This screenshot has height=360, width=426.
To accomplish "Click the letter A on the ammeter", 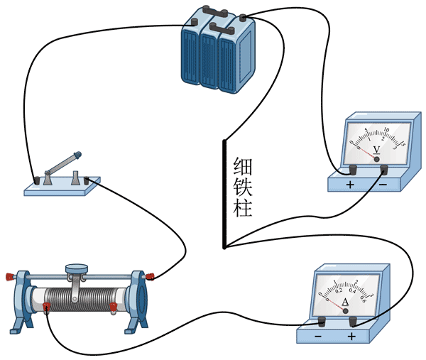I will pos(345,302).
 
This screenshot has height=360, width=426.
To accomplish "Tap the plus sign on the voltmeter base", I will pos(350,185).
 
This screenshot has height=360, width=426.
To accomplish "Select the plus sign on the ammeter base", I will pos(351,335).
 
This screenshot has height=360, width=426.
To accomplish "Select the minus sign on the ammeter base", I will pos(317,335).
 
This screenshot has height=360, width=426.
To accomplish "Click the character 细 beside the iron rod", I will pos(243,168).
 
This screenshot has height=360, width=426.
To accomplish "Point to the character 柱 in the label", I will pos(243,209).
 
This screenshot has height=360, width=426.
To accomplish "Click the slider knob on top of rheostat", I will pos(75,269).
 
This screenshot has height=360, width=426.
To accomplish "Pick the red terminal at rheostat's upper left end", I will pos(10,276).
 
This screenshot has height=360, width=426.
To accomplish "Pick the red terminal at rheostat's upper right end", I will pos(152,276).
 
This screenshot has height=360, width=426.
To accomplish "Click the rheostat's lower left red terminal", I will pos(47,307).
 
